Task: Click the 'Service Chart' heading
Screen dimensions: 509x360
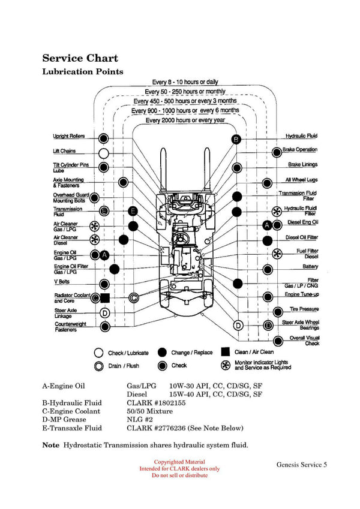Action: [x=80, y=58]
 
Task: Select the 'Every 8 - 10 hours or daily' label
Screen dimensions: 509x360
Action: [x=185, y=82]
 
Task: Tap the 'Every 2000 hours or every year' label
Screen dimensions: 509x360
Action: [x=185, y=120]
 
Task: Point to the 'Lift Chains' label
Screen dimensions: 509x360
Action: [x=65, y=152]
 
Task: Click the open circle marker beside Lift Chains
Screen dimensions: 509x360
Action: [x=104, y=153]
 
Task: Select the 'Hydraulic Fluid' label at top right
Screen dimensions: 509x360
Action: [x=301, y=137]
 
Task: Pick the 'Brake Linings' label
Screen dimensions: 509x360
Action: [x=302, y=165]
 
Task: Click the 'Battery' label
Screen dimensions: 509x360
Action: [x=310, y=267]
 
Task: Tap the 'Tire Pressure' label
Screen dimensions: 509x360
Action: [x=304, y=309]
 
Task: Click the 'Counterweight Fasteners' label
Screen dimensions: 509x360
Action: [x=70, y=327]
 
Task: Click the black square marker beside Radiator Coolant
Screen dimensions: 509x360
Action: [x=105, y=298]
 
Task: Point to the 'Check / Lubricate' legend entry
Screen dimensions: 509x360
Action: [x=128, y=353]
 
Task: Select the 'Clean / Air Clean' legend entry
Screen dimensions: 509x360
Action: [x=253, y=353]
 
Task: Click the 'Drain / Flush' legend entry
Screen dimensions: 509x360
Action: [x=122, y=366]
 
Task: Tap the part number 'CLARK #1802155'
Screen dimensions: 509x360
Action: [x=152, y=403]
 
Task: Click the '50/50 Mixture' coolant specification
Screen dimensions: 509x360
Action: [x=149, y=411]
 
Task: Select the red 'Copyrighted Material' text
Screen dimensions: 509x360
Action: [x=179, y=462]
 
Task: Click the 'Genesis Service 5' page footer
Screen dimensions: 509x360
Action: [x=302, y=465]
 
